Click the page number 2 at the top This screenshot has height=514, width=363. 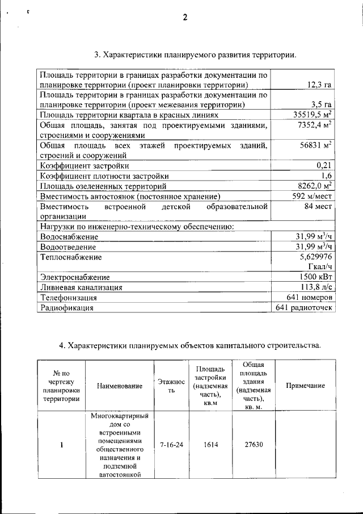[x=185, y=18]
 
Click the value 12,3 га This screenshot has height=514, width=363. [x=319, y=85]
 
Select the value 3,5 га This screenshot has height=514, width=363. [x=322, y=105]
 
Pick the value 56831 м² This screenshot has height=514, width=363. [x=316, y=145]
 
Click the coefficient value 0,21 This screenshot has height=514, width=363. [x=324, y=166]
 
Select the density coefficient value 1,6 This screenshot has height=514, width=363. [x=326, y=176]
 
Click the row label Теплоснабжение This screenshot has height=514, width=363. [x=71, y=257]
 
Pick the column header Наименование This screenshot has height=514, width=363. [x=119, y=386]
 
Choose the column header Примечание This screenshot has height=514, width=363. [x=305, y=386]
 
